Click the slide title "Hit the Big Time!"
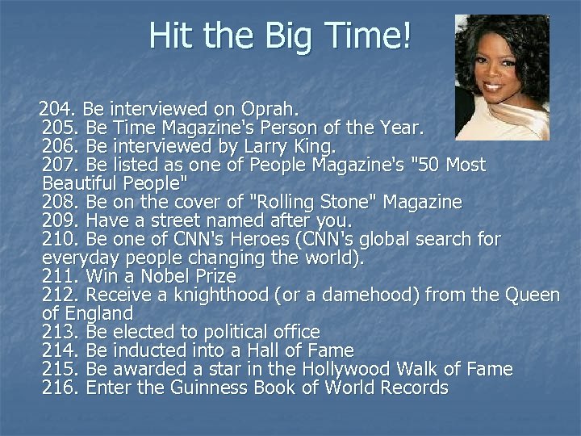(281, 36)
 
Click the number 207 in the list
(61, 166)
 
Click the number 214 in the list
(61, 350)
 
